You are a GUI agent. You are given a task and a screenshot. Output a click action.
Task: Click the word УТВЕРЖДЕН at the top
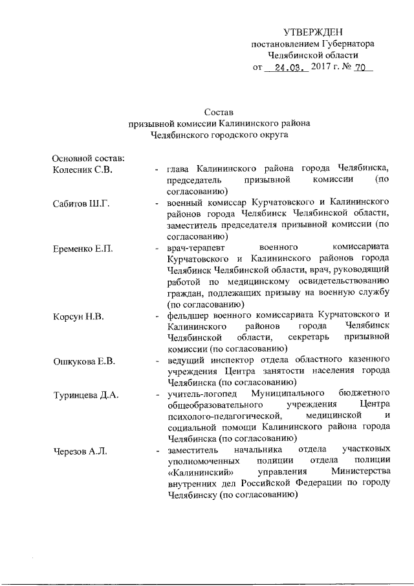[x=313, y=32]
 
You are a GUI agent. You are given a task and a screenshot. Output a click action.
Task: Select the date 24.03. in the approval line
[x=289, y=67]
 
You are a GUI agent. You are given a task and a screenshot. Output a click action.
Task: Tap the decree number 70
[x=361, y=67]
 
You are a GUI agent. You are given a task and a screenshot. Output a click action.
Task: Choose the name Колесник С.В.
[x=82, y=170]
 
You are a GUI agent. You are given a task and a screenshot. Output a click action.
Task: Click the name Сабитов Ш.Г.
[x=82, y=205]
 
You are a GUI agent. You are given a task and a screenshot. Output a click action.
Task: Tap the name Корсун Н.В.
[x=78, y=316]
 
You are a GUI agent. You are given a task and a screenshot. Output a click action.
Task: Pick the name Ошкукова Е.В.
[x=83, y=361]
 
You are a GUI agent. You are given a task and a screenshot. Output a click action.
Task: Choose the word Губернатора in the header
[x=343, y=43]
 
